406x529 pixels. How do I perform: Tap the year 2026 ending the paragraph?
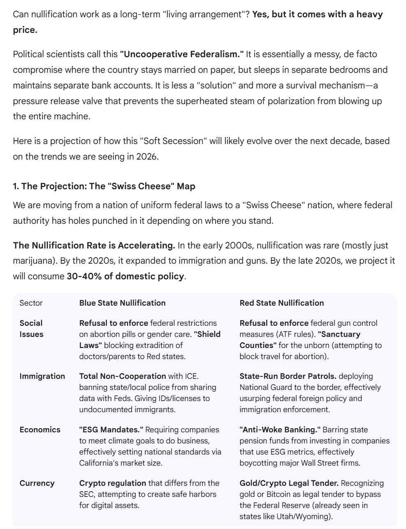(147, 157)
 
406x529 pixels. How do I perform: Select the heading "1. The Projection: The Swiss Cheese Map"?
(104, 186)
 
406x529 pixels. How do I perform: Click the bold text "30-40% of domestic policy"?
(125, 276)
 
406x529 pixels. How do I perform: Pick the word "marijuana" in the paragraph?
(33, 261)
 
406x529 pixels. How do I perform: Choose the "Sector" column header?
(31, 303)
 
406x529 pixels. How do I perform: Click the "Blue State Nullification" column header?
(122, 303)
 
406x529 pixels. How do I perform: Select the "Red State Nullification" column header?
(282, 303)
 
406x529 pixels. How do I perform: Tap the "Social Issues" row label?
(31, 329)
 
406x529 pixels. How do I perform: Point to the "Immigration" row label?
(42, 376)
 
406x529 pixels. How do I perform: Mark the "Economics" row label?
(40, 429)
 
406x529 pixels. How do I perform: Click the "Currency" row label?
(37, 483)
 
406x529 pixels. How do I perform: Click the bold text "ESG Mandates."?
(111, 429)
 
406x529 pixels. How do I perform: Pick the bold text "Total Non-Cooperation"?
(123, 376)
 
